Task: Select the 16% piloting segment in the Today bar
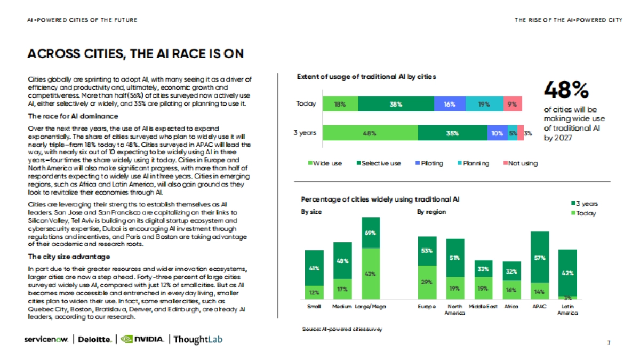click(x=450, y=104)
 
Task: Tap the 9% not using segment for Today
click(x=513, y=104)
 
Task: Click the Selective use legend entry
click(x=378, y=163)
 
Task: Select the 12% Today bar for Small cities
click(x=314, y=292)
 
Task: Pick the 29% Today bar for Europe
click(x=427, y=282)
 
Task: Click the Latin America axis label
click(x=568, y=310)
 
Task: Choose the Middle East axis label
click(x=483, y=307)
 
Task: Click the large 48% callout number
click(x=566, y=90)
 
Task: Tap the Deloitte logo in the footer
click(x=96, y=340)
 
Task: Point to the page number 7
click(x=609, y=341)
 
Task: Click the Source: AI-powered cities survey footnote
click(x=342, y=329)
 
